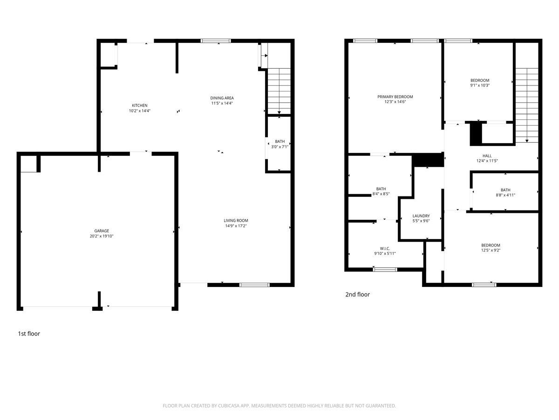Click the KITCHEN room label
140,105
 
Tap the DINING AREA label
222,98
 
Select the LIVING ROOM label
236,221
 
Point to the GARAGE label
102,231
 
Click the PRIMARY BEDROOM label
395,97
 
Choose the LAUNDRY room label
421,216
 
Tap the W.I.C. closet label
385,248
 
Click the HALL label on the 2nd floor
487,155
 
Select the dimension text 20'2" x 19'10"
102,236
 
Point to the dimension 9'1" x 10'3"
480,85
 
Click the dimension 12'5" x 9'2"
491,250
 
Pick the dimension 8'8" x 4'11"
505,195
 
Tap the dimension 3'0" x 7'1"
279,147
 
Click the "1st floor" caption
29,334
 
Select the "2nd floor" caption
357,294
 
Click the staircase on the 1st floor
279,91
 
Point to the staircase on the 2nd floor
527,105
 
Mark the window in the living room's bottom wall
254,285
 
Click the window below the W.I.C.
385,269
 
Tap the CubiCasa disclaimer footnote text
279,406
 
